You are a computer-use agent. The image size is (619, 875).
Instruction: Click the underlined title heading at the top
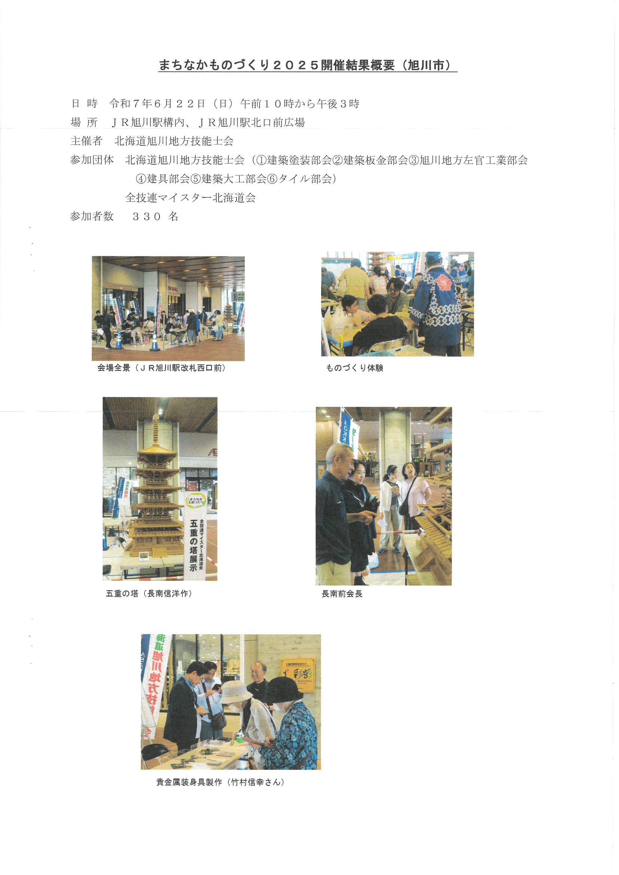click(x=308, y=65)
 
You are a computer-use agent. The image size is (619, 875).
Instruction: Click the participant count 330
click(x=147, y=216)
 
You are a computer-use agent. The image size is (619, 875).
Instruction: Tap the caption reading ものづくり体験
click(x=354, y=368)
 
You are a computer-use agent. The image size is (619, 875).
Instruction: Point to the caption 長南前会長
click(x=342, y=594)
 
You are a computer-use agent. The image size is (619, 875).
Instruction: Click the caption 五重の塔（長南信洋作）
click(x=149, y=594)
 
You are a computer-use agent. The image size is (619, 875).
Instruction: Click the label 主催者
click(x=86, y=141)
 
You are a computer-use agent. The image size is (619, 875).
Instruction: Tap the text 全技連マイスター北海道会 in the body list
click(x=190, y=197)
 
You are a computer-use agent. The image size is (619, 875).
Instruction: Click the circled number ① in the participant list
click(x=262, y=160)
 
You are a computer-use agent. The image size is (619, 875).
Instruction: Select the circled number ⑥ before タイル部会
click(x=272, y=179)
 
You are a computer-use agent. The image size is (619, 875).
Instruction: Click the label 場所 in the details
click(x=84, y=122)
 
